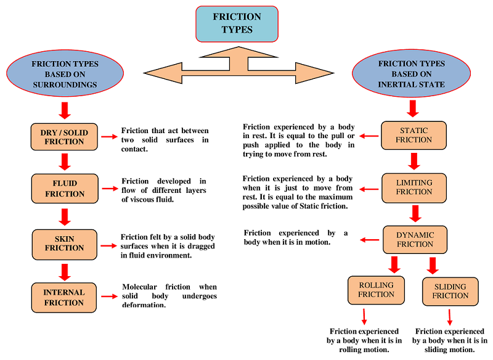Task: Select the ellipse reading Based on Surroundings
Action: (64, 74)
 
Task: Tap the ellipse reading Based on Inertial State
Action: (411, 74)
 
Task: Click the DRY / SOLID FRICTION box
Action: (64, 136)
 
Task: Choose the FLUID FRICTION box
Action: (64, 189)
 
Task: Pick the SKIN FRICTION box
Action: (64, 243)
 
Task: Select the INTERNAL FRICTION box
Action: (64, 297)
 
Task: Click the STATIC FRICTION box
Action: (414, 135)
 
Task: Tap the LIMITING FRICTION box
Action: (414, 187)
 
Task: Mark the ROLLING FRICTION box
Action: (376, 290)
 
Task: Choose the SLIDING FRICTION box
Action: (450, 291)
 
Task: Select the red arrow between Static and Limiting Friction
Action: (414, 161)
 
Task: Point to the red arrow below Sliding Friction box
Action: (449, 316)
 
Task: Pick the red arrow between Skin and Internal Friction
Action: (64, 271)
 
